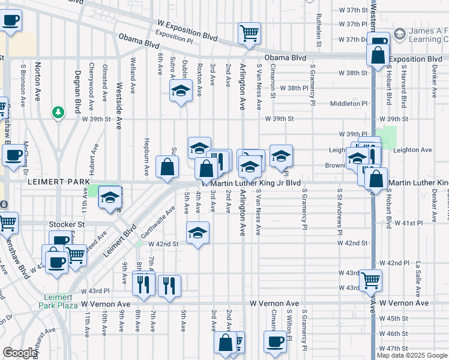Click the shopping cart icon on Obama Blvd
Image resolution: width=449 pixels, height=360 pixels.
pos(249,33)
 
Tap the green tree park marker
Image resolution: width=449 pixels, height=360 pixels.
pos(58,112)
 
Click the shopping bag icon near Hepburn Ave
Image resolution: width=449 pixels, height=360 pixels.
pos(167,167)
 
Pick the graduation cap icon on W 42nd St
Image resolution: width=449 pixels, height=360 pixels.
pos(197,233)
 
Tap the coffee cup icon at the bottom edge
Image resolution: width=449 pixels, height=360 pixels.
pos(275,342)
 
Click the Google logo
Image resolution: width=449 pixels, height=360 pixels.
pos(20,353)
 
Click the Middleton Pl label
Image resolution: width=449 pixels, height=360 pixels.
pos(348,103)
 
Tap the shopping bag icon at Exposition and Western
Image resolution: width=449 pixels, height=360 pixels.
pos(378,55)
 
